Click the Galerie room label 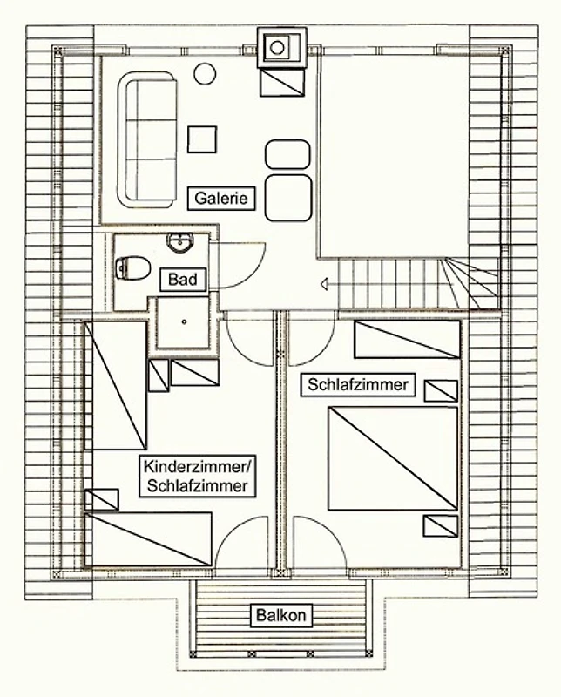(221, 199)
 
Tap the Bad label (183, 280)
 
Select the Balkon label (281, 615)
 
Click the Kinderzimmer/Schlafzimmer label (198, 476)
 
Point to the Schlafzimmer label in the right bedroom (358, 384)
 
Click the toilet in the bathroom (132, 267)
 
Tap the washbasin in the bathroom (180, 243)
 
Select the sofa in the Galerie (147, 139)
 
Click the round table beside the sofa (205, 74)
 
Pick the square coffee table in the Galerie (202, 139)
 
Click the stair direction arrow (325, 284)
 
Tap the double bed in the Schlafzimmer (393, 458)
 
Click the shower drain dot (184, 321)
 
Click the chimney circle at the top (277, 47)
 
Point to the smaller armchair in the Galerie (287, 154)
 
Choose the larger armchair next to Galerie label (288, 198)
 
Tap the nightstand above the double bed (441, 391)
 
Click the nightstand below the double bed (441, 526)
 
